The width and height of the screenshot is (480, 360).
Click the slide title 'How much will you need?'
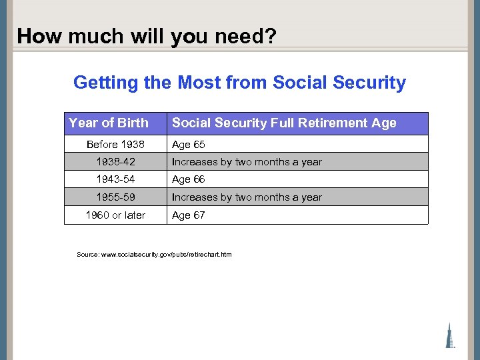146,35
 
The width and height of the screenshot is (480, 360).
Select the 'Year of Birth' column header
109,123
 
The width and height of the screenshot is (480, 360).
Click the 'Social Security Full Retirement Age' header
284,123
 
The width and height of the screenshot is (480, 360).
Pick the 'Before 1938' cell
115,145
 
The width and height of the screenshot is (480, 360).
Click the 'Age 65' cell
189,145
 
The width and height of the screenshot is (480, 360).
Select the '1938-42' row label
115,162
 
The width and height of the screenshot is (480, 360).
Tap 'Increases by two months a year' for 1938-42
247,162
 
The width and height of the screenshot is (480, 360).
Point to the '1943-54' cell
115,179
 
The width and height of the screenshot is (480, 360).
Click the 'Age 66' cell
189,179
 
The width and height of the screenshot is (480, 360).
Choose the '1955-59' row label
115,197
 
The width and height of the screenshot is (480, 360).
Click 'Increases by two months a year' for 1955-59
247,197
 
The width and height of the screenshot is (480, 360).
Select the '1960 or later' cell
115,215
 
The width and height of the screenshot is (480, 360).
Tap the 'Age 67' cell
189,215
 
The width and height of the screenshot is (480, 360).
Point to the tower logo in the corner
451,335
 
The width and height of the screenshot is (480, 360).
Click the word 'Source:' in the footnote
88,255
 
